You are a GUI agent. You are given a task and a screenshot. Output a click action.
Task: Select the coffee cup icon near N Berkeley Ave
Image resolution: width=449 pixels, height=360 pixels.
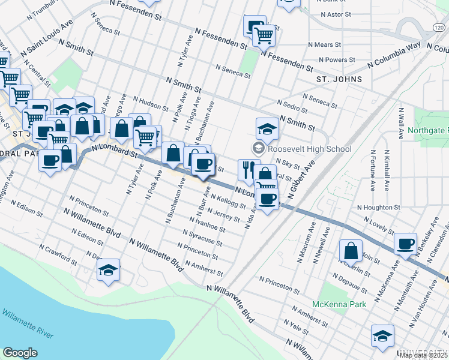[406, 243]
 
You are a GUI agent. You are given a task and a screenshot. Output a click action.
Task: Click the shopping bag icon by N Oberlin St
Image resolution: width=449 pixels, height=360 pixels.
[351, 251]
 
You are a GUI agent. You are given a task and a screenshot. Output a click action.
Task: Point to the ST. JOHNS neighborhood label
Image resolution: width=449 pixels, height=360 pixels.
[339, 79]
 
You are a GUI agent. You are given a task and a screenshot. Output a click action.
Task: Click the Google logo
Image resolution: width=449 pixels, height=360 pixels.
[20, 353]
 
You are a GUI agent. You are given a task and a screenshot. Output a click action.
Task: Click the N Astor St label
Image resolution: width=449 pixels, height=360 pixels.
[336, 13]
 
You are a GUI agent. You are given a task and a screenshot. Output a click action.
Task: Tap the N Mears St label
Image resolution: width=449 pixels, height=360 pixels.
[324, 44]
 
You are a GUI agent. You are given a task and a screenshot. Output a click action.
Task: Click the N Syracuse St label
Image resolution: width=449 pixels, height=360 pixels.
[202, 238]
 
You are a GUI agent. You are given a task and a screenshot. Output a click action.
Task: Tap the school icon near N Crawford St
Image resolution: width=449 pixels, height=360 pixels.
[108, 270]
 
